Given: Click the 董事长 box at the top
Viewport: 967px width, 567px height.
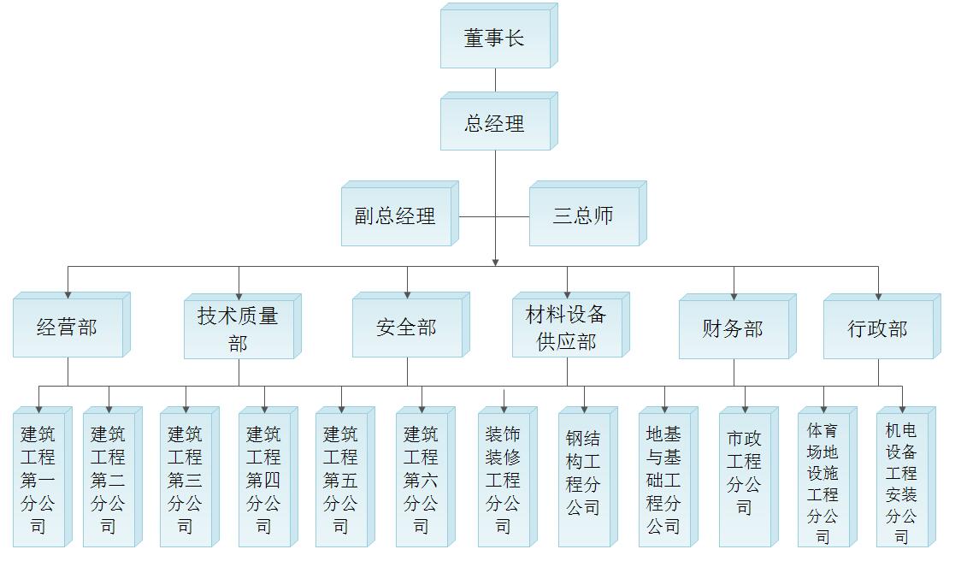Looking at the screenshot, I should pos(495,38).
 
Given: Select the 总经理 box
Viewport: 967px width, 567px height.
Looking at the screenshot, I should pos(495,124).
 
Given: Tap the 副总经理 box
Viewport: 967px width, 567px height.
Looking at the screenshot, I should pos(396,216).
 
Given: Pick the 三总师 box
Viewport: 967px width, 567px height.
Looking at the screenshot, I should pos(584,216).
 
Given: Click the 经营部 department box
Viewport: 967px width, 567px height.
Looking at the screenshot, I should pos(68,328).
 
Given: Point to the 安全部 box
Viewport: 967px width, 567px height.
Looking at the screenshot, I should pos(407,328).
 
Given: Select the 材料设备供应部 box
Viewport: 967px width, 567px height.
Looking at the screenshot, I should pos(567,328).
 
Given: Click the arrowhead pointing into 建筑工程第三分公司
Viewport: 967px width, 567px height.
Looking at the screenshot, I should pos(186,410).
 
